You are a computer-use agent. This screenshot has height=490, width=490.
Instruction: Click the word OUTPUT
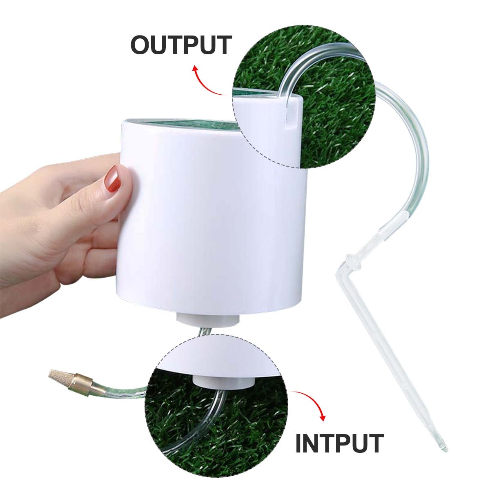click(x=181, y=45)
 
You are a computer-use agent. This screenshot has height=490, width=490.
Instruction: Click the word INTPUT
click(x=339, y=443)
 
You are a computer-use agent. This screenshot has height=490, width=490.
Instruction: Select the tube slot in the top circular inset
click(x=291, y=116)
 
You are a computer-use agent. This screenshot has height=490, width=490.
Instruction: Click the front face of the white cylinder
click(x=212, y=220)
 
